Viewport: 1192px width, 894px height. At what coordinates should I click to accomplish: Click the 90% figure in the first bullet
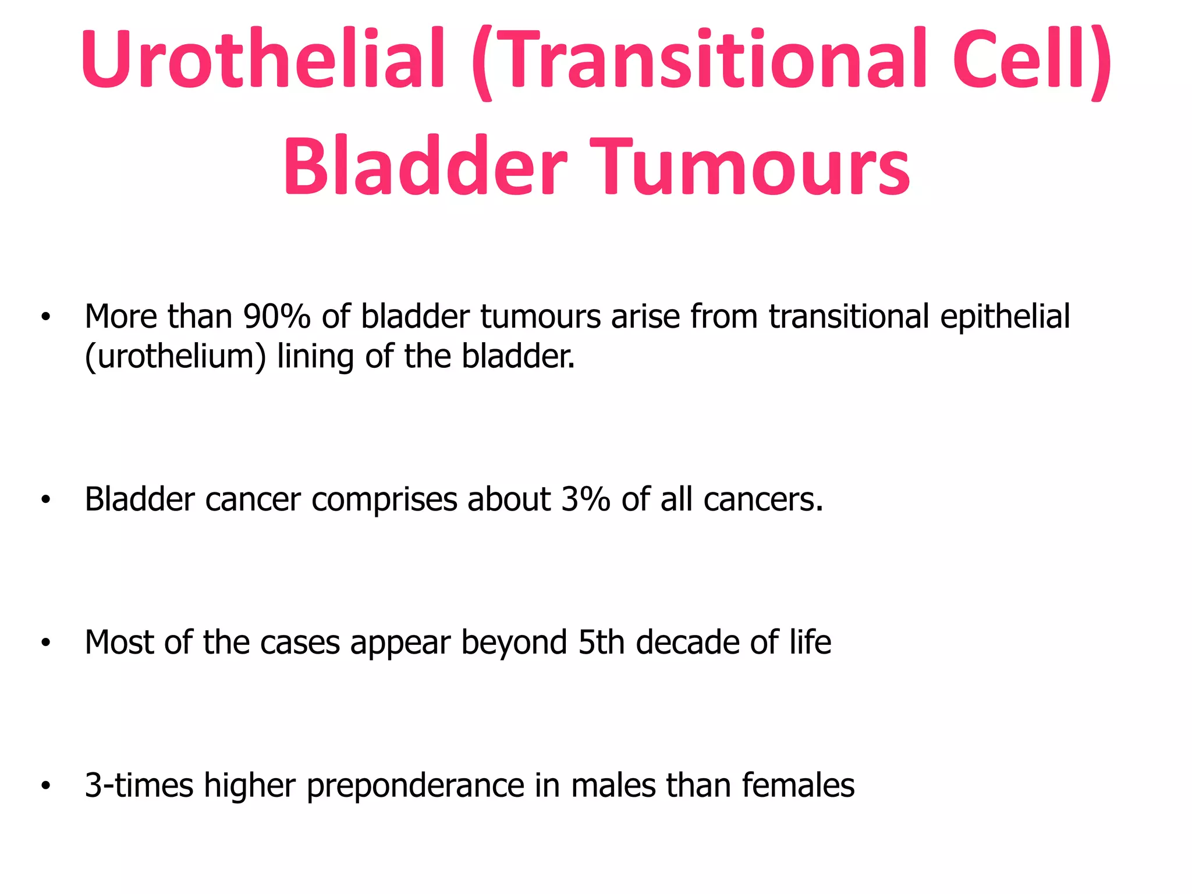click(277, 317)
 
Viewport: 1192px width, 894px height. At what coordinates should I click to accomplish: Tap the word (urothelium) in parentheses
click(175, 357)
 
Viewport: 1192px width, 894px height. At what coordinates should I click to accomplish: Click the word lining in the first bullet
click(315, 357)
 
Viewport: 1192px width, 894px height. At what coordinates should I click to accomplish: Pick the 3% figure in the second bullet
click(586, 499)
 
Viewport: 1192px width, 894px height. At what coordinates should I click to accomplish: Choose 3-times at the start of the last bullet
click(139, 785)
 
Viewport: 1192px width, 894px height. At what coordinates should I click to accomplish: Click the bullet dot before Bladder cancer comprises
click(46, 500)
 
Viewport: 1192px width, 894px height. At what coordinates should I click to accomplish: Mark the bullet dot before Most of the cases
click(46, 643)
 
